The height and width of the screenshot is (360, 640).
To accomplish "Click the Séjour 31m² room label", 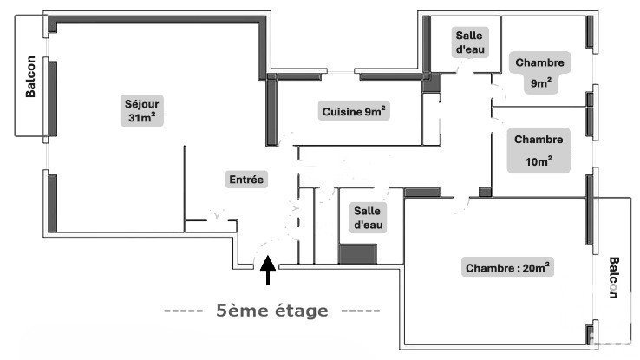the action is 141,111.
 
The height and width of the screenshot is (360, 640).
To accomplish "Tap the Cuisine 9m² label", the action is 354,111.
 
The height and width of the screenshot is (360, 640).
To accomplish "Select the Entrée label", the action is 246,180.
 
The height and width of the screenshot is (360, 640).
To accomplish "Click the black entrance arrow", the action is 268,270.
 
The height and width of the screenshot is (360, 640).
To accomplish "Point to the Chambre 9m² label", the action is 539,73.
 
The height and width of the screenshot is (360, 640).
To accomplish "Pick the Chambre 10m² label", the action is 539,150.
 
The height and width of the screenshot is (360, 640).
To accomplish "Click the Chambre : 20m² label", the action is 507,267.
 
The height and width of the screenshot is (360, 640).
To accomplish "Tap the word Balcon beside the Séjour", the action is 30,76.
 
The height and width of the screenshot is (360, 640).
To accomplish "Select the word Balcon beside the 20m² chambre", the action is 613,278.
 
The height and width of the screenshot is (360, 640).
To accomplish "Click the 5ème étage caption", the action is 271,311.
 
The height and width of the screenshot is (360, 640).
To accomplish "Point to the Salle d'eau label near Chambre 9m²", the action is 470,43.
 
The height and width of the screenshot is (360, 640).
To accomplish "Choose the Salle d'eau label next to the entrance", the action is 369,218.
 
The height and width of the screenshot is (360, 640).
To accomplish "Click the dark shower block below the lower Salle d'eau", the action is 357,254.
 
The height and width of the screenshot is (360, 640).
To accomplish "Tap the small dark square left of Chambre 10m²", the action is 485,192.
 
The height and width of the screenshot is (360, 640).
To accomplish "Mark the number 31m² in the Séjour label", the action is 141,118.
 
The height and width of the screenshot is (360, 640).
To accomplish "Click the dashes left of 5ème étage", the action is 183,311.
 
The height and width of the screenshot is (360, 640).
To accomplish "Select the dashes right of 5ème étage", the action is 361,311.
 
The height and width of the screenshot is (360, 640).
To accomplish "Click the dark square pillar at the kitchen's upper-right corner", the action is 432,83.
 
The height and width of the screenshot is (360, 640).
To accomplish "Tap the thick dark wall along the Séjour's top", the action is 157,19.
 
